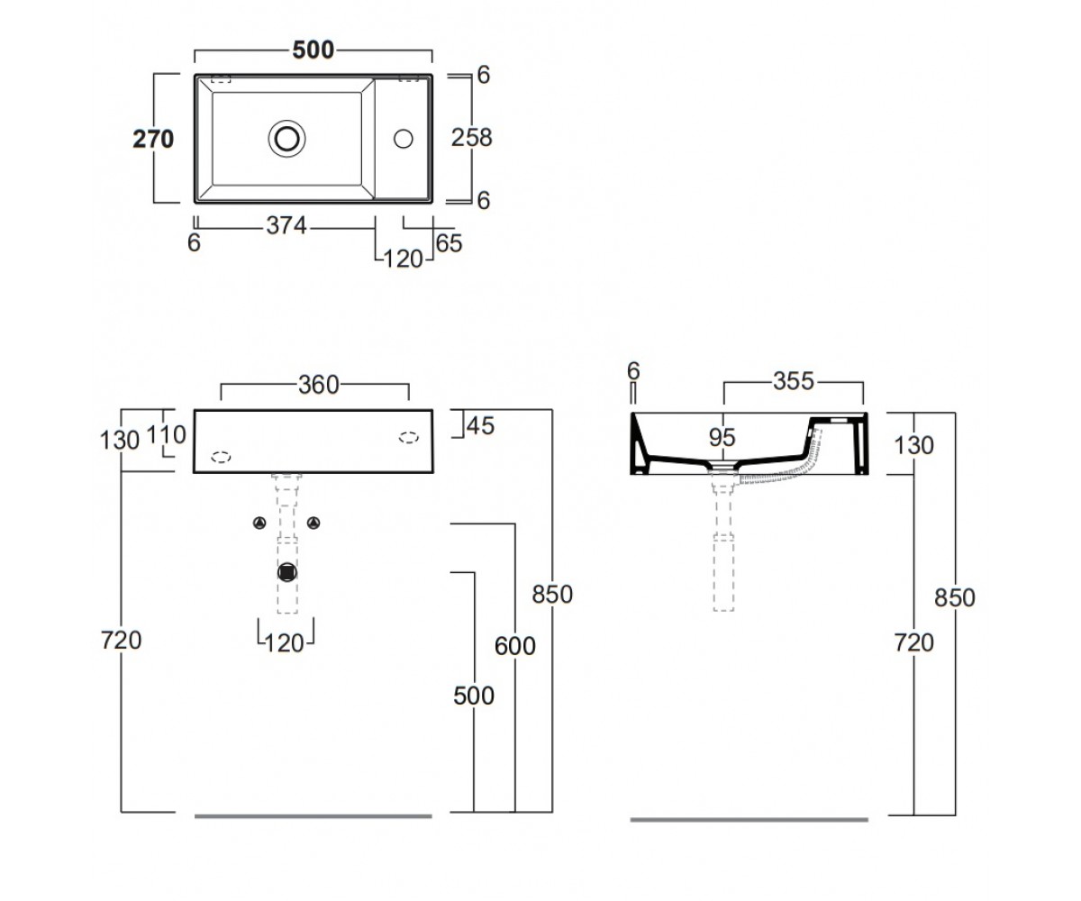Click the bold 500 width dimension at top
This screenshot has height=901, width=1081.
click(x=313, y=50)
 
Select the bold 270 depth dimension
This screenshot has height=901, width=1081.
click(x=153, y=139)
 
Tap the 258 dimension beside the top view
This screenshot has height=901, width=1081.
click(x=472, y=138)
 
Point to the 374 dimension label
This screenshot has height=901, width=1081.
click(x=286, y=226)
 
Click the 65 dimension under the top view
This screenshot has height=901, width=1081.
click(x=449, y=243)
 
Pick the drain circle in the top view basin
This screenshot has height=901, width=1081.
click(x=286, y=139)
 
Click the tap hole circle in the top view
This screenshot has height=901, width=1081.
click(x=404, y=139)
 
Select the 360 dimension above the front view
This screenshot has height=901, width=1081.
click(x=318, y=385)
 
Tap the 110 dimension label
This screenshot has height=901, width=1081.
click(x=166, y=435)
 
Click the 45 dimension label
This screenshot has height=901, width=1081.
click(x=480, y=425)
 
